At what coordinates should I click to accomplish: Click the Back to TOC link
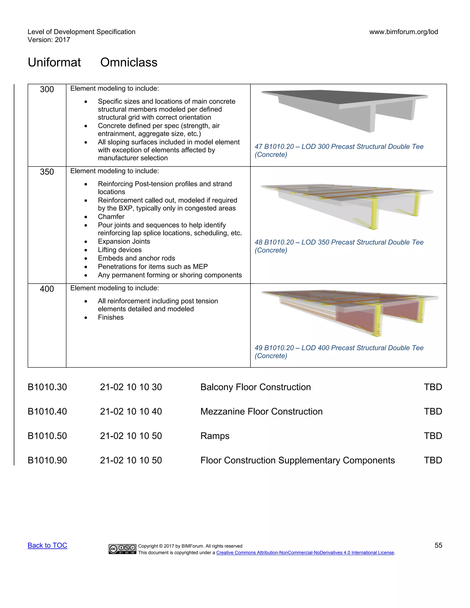click(47, 545)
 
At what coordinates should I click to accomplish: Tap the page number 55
click(438, 545)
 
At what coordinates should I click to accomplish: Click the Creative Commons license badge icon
click(123, 549)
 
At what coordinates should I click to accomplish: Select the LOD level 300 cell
click(47, 89)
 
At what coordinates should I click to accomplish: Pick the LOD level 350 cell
click(47, 172)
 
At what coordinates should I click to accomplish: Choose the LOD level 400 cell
click(47, 289)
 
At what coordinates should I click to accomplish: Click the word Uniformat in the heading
click(54, 62)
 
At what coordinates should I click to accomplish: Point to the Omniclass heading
click(129, 62)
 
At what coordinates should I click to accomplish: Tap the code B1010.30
click(47, 387)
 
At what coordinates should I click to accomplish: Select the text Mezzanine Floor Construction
click(261, 411)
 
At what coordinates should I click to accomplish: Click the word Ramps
click(215, 436)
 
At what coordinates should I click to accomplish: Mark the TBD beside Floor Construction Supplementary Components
click(433, 460)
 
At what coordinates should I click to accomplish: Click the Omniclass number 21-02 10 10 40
click(131, 411)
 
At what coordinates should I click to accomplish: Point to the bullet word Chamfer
click(111, 217)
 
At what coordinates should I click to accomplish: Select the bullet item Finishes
click(111, 317)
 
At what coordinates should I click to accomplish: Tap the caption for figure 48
click(339, 246)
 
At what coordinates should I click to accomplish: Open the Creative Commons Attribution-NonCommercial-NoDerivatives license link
click(305, 553)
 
